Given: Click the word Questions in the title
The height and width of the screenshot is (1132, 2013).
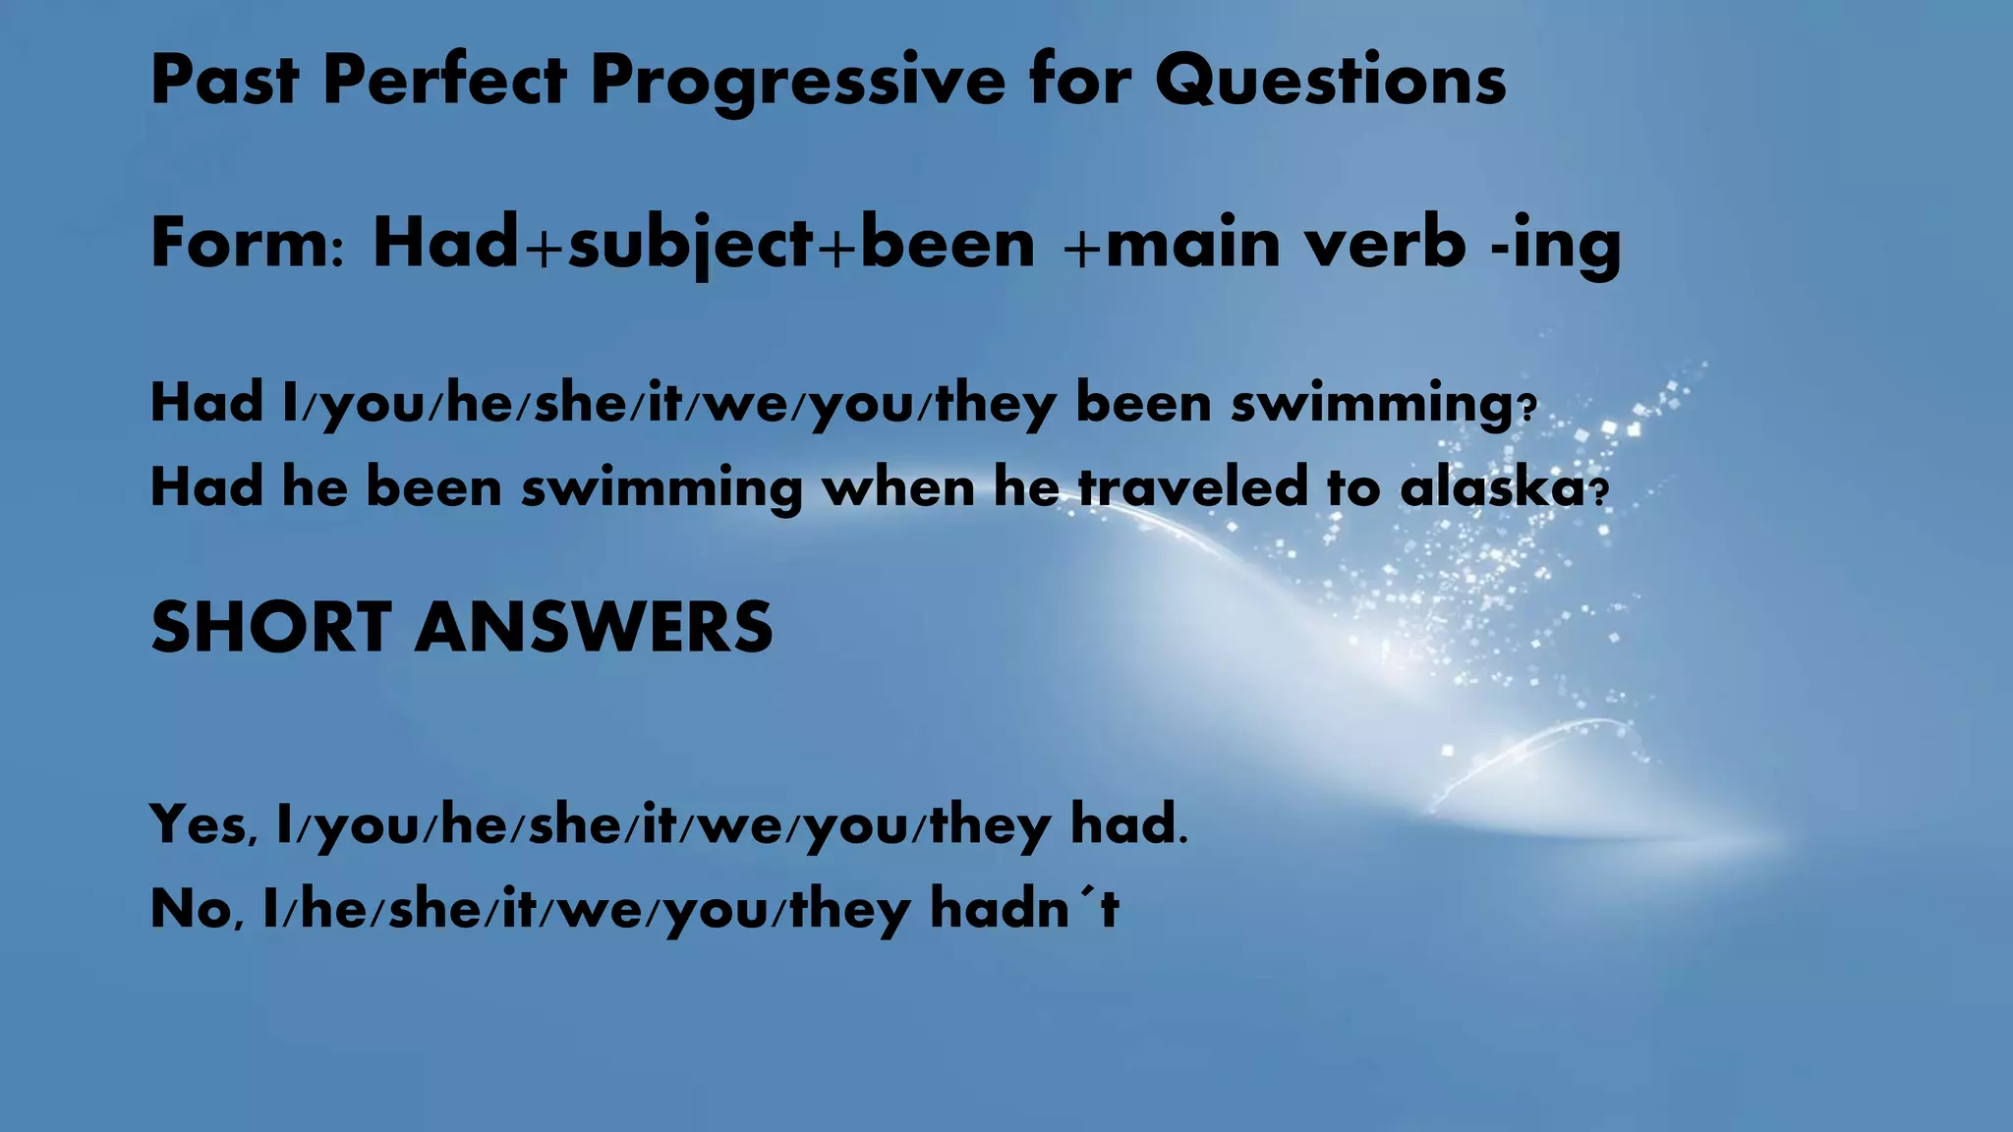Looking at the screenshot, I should point(1330,81).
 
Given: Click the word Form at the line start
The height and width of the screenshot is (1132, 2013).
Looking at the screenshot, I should point(235,243).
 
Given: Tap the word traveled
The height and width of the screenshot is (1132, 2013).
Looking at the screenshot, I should point(1193,487).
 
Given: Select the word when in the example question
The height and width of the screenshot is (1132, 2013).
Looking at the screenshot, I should point(898,487).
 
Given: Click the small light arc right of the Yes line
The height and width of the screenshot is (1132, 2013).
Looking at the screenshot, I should point(1524,757).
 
